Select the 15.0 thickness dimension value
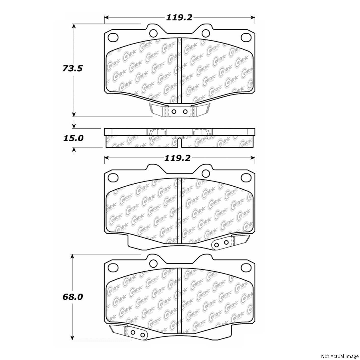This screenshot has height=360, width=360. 73,138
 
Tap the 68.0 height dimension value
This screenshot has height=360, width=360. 73,297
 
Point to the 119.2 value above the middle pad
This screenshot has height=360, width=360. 177,158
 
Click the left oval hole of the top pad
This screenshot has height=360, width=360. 113,37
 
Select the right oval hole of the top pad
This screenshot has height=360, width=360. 246,37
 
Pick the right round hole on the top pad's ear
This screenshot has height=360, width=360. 206,33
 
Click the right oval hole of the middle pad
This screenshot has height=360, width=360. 246,177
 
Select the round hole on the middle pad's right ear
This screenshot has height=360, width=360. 206,173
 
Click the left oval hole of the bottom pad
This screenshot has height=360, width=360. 113,267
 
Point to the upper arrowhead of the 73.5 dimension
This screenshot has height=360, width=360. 74,26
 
